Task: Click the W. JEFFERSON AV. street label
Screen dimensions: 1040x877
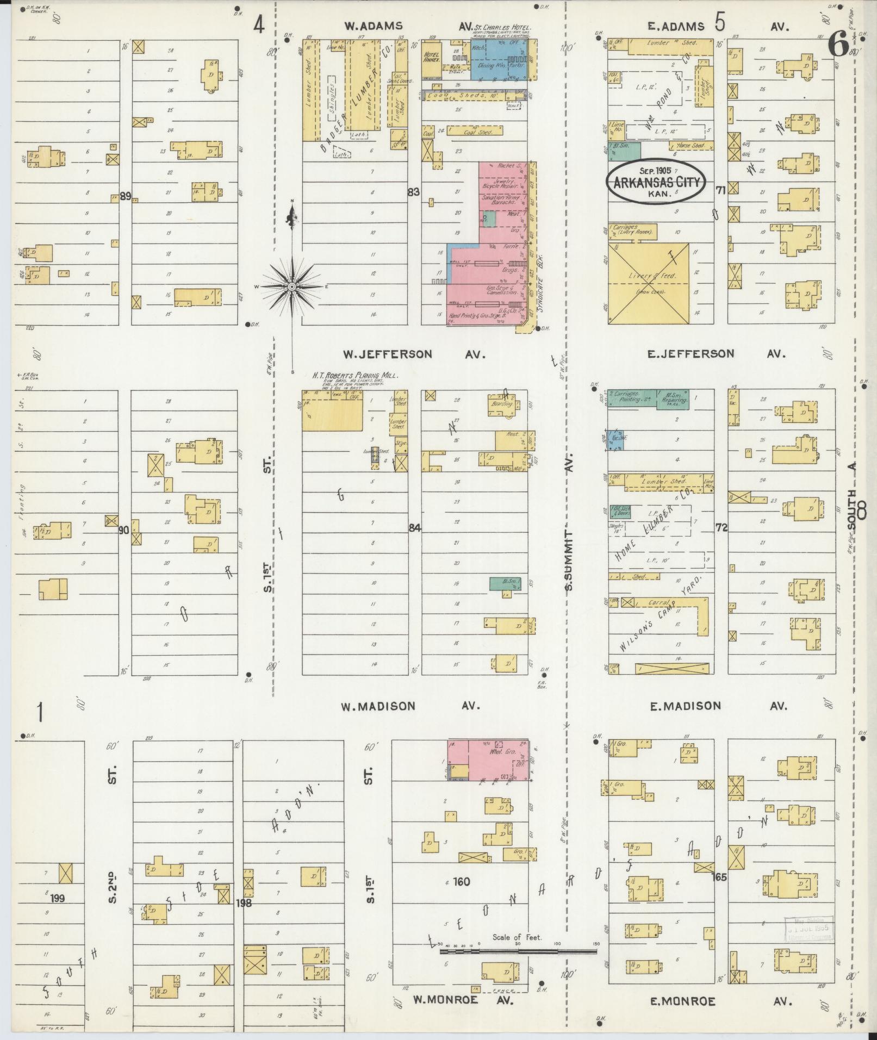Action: point(413,354)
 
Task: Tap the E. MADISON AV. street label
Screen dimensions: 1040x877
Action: point(718,706)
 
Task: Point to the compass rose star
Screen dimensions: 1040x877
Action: point(292,286)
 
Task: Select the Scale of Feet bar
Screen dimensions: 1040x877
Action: point(519,952)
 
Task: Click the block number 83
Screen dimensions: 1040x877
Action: point(414,191)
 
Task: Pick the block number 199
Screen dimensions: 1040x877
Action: point(57,898)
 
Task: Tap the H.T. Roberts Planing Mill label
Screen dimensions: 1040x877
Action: point(354,375)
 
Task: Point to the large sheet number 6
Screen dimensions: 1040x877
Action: point(838,45)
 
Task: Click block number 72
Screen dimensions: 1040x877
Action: point(721,527)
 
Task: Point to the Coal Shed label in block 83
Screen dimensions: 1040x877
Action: point(477,131)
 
